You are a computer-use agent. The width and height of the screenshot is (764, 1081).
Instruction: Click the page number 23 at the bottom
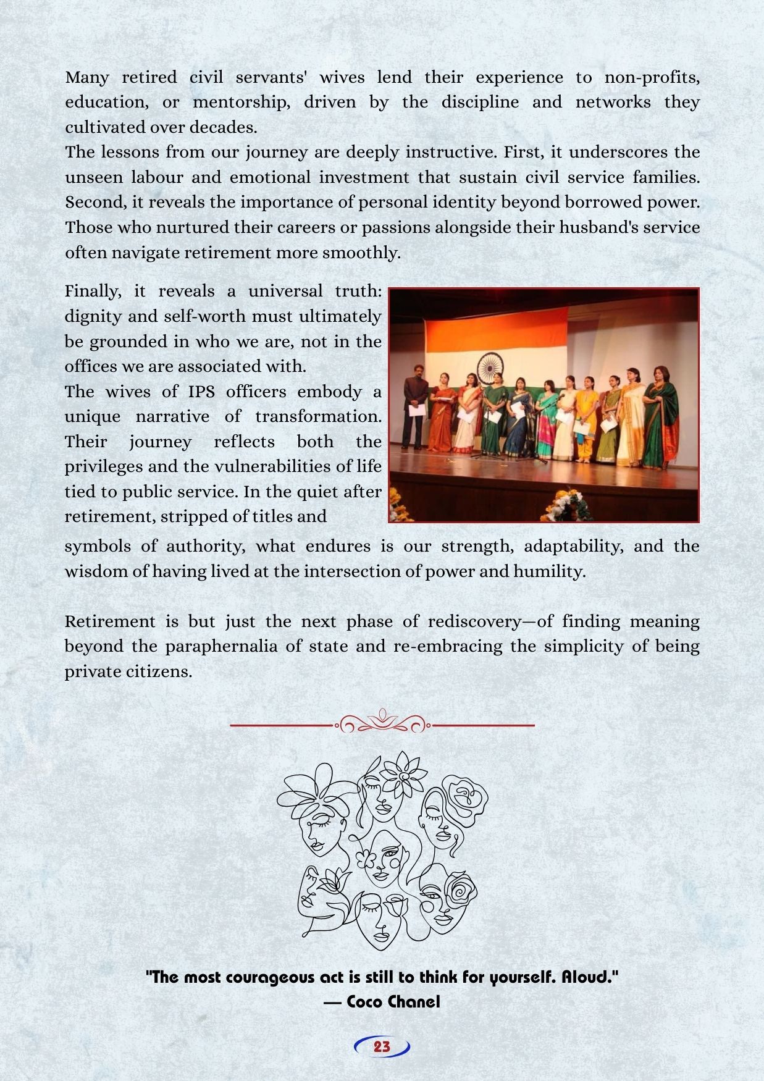(382, 1046)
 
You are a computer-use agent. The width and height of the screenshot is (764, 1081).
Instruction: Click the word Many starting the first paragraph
(87, 77)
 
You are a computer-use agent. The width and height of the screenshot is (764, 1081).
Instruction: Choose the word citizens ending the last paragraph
(159, 671)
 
